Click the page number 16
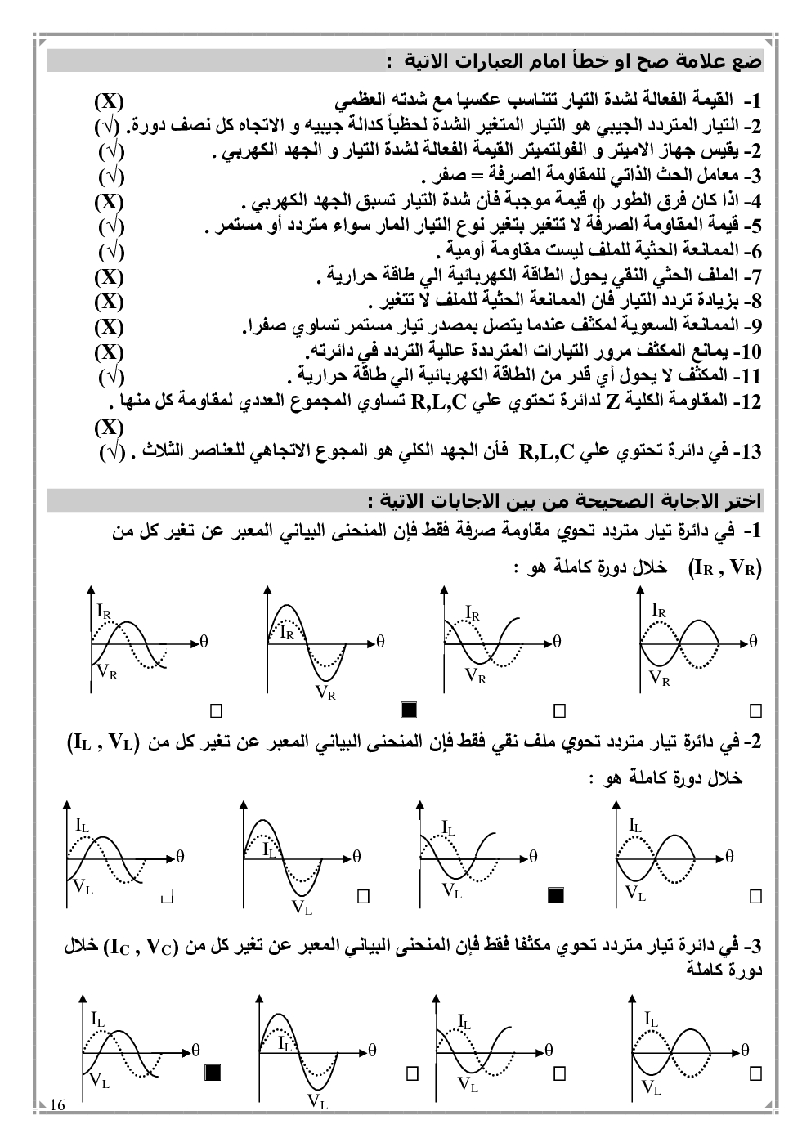57,1105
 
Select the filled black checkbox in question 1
410,709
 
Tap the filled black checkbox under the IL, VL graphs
556,895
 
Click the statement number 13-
748,451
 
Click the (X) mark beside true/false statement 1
108,101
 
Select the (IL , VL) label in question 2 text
102,742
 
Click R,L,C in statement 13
547,451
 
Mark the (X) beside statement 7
108,276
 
